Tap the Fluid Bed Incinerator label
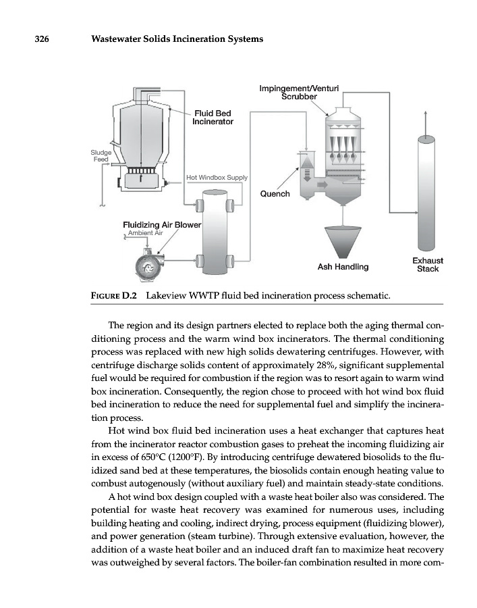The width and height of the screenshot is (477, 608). (x=213, y=118)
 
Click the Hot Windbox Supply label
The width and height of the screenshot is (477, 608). (x=217, y=178)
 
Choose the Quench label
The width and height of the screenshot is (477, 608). (x=275, y=194)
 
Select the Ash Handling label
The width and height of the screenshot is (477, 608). (x=343, y=267)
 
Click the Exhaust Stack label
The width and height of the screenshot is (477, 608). (x=427, y=264)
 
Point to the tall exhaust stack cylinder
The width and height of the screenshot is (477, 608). (x=426, y=193)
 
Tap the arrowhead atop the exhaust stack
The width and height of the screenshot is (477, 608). (x=426, y=113)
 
